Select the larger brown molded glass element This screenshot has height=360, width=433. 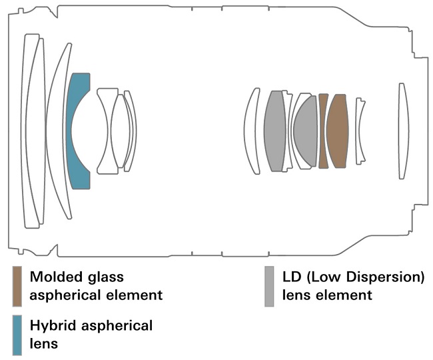click(337, 131)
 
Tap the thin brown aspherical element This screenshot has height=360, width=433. click(322, 131)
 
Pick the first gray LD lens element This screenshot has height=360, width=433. click(274, 131)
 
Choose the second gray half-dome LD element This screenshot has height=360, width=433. click(306, 131)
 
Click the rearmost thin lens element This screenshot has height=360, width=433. click(403, 131)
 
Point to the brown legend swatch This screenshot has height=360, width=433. click(17, 286)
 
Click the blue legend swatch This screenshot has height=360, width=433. click(17, 335)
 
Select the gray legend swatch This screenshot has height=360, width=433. click(269, 286)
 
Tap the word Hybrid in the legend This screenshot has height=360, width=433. click(53, 326)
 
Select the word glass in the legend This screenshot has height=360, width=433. click(106, 277)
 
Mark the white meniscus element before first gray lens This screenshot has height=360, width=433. click(252, 131)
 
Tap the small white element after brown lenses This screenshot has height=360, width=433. click(360, 131)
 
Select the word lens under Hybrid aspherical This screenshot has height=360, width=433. click(43, 344)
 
